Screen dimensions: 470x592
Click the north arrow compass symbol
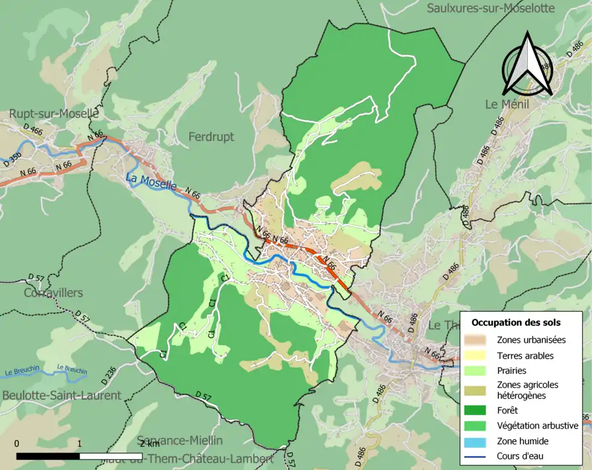527,65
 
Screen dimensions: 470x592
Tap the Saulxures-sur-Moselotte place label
491,8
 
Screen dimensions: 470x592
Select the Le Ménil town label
507,104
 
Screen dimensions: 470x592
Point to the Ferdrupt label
211,136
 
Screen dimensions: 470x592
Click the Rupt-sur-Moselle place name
54,114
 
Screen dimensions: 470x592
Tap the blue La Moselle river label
151,182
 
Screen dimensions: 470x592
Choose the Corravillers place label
53,293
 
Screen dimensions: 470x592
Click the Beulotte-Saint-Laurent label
61,395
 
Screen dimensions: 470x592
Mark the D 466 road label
33,130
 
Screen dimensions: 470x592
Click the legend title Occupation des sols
516,322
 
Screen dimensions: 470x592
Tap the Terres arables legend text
525,355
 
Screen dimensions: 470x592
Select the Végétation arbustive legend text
537,425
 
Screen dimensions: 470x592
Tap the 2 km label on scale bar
150,444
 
